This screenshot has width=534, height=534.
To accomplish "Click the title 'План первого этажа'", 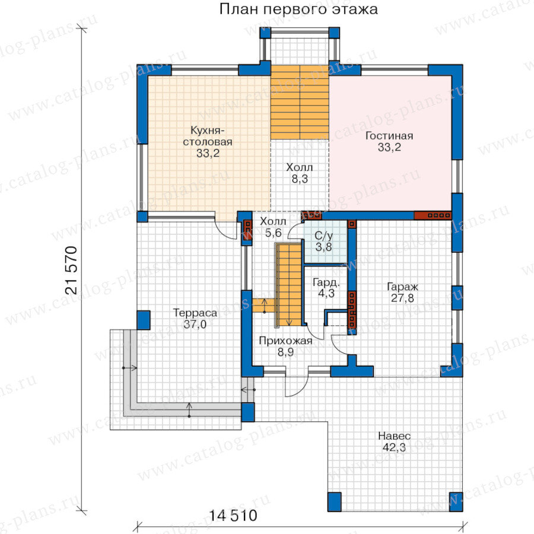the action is pos(298,9).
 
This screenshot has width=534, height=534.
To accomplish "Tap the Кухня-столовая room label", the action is pos(208,136).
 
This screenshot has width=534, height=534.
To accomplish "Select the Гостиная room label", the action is pos(389,136).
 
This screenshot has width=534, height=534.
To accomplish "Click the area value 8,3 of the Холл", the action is pos(300,179).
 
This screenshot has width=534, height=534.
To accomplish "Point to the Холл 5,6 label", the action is pos(273,227).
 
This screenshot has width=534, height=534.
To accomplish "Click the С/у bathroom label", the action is pos(323,236).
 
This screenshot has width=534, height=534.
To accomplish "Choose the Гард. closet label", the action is pos(326,282).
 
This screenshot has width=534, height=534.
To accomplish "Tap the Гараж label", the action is pos(402,287).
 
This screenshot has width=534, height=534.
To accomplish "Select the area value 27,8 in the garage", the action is pos(402,298).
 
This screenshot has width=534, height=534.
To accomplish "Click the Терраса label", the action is pos(195,313).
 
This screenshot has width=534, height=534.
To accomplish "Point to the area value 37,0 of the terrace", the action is pos(195,325).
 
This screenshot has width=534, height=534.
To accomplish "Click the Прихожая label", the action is pos(285,341).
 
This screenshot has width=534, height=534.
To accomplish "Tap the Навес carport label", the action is pos(394,436).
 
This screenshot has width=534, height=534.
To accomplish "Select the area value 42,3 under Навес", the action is pos(394,447).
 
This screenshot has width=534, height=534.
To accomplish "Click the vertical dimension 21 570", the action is pos(72,270).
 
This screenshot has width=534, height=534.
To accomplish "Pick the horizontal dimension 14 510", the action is pos(233,516).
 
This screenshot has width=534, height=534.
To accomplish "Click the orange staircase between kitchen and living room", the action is pos(300,102).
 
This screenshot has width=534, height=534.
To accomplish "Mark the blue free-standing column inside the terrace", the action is pos(144,320).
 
